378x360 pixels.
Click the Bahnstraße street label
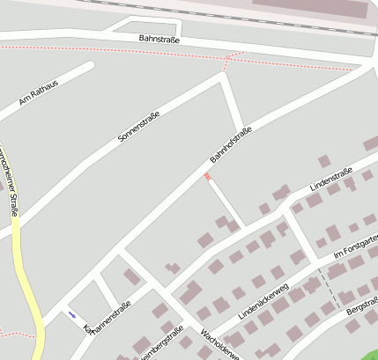159,39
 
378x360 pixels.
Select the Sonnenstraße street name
139,128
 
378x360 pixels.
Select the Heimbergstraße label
160,342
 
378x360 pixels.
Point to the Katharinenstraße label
107,316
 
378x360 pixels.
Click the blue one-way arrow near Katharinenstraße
71,314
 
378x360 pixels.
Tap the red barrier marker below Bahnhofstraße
208,177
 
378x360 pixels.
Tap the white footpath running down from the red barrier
225,202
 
